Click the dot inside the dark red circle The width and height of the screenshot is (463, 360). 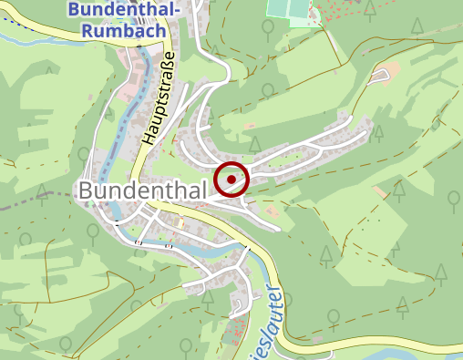pyautogui.click(x=232, y=179)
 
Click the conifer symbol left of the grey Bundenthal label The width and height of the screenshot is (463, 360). pyautogui.click(x=42, y=190)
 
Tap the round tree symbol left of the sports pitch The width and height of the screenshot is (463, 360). pyautogui.click(x=267, y=28)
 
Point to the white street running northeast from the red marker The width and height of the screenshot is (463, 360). pyautogui.click(x=301, y=146)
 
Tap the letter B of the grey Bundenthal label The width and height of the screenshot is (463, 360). pyautogui.click(x=87, y=191)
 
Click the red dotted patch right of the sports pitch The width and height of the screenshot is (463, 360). pyautogui.click(x=342, y=18)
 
